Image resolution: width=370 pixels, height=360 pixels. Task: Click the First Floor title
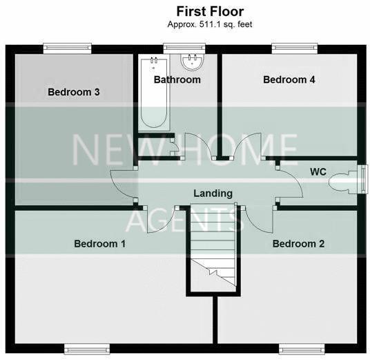click(209, 11)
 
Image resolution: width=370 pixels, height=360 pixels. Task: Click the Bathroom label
click(177, 79)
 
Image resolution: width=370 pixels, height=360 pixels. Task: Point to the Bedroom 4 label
click(289, 79)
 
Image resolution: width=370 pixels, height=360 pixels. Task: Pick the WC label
click(318, 171)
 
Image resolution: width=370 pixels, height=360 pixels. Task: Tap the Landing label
click(213, 193)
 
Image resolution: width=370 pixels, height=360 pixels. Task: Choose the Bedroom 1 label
click(100, 243)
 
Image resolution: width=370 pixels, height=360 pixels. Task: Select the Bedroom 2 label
click(298, 243)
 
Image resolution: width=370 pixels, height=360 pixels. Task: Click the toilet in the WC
click(344, 182)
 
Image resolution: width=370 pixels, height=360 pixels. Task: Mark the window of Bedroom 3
click(67, 47)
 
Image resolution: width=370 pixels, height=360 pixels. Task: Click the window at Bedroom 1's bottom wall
click(86, 347)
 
